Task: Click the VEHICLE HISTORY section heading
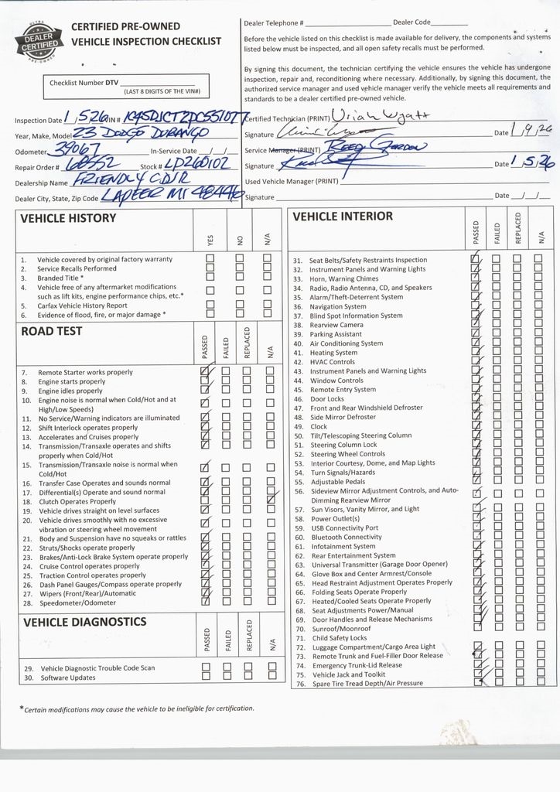click(67, 219)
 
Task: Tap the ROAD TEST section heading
click(51, 332)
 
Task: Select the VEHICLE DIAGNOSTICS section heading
click(84, 622)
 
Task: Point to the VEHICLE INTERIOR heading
click(343, 217)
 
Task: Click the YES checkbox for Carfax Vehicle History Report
click(210, 306)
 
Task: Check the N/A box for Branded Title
click(268, 278)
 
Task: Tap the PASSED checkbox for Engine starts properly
click(205, 381)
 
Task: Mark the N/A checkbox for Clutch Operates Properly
click(270, 501)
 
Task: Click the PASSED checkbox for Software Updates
click(206, 677)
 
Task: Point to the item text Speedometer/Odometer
click(77, 603)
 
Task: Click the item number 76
click(299, 684)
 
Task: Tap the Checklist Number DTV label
click(84, 82)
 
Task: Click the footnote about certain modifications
click(136, 708)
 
